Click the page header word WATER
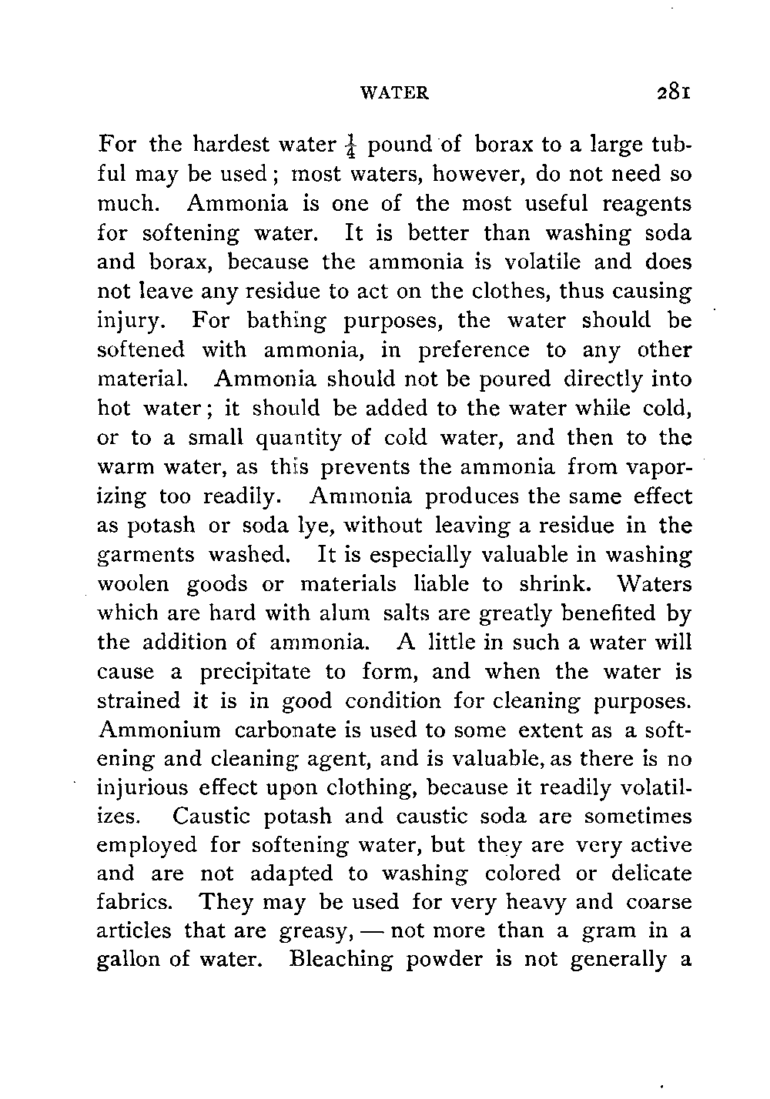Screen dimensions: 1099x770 point(395,93)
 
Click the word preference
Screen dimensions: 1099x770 point(474,350)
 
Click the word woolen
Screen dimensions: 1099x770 point(130,584)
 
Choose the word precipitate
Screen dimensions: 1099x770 point(255,672)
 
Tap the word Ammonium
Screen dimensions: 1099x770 point(159,730)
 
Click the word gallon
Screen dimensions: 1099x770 point(130,961)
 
